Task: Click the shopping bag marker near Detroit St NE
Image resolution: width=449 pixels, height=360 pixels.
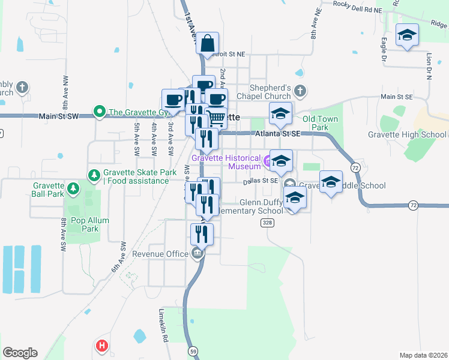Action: point(207,43)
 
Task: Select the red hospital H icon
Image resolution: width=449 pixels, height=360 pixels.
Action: point(103,346)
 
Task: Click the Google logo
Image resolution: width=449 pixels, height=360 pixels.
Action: point(20,353)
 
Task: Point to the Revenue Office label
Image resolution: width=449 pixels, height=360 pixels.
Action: point(160,254)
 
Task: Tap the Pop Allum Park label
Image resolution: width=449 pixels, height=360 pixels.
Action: point(90,224)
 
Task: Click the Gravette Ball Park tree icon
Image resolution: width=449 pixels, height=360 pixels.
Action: point(73,189)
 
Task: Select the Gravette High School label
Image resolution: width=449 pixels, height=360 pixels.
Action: point(407,134)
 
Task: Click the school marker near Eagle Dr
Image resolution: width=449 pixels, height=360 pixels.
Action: point(407,36)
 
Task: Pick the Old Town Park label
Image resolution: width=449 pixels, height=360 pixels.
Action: point(320,123)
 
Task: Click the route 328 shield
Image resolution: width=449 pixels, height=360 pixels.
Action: point(268,223)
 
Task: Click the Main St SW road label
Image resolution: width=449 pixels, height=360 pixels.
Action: point(59,116)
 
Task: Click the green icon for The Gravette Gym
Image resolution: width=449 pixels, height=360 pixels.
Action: point(98,112)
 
